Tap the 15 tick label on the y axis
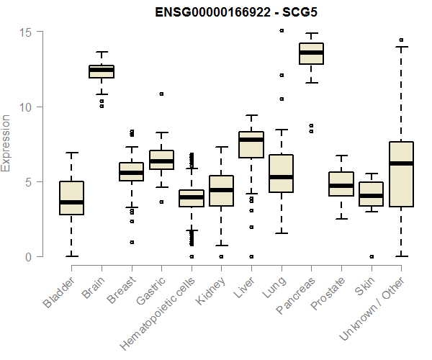[x=26, y=32]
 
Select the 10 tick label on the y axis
[x=26, y=107]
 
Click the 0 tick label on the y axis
[x=28, y=257]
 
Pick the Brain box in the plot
[x=102, y=71]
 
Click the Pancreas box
[x=312, y=54]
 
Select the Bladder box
[x=71, y=198]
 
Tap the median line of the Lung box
[x=282, y=176]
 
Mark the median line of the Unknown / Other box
[x=401, y=163]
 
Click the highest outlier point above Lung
[x=282, y=31]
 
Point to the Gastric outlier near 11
[x=161, y=94]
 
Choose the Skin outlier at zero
[x=372, y=256]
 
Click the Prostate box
[x=341, y=184]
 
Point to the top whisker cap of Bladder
[x=71, y=153]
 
